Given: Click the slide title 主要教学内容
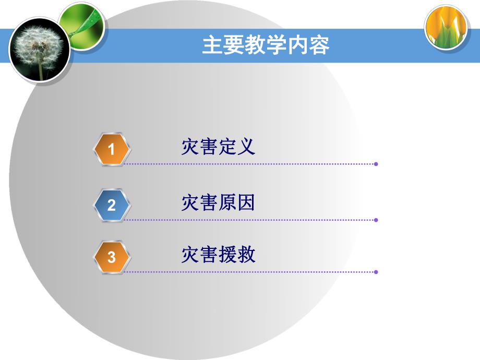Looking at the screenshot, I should click(266, 45).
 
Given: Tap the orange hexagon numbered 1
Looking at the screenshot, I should click(111, 150).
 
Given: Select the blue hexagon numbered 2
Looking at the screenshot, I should click(111, 205).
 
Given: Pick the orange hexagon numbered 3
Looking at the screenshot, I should click(111, 257).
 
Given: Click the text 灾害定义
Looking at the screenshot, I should click(218, 147).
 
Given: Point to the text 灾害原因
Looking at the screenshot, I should click(218, 202).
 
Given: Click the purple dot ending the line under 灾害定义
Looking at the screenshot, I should click(376, 164).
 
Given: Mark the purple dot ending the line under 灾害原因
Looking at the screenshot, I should click(376, 220).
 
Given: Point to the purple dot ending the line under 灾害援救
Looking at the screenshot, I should click(376, 272).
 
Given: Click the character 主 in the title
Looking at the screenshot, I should click(212, 45).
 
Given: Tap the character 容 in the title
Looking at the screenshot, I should click(319, 45).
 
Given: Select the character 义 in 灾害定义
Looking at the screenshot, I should click(246, 147).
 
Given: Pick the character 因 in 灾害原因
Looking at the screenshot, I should click(246, 202).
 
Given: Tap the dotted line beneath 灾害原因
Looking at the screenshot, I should click(250, 220).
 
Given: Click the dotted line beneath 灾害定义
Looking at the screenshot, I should click(250, 164).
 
